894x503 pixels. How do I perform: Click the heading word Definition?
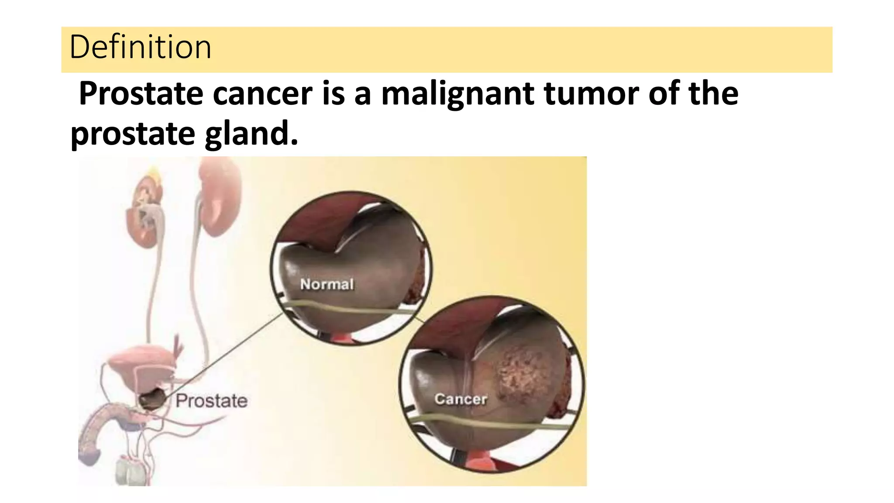click(140, 47)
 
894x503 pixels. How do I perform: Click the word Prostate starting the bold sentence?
click(141, 93)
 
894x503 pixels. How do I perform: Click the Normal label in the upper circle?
click(327, 284)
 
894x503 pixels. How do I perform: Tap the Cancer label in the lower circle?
click(461, 399)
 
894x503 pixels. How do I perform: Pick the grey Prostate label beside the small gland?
click(211, 401)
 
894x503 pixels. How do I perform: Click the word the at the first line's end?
click(713, 93)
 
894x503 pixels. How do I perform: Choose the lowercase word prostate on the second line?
click(132, 134)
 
